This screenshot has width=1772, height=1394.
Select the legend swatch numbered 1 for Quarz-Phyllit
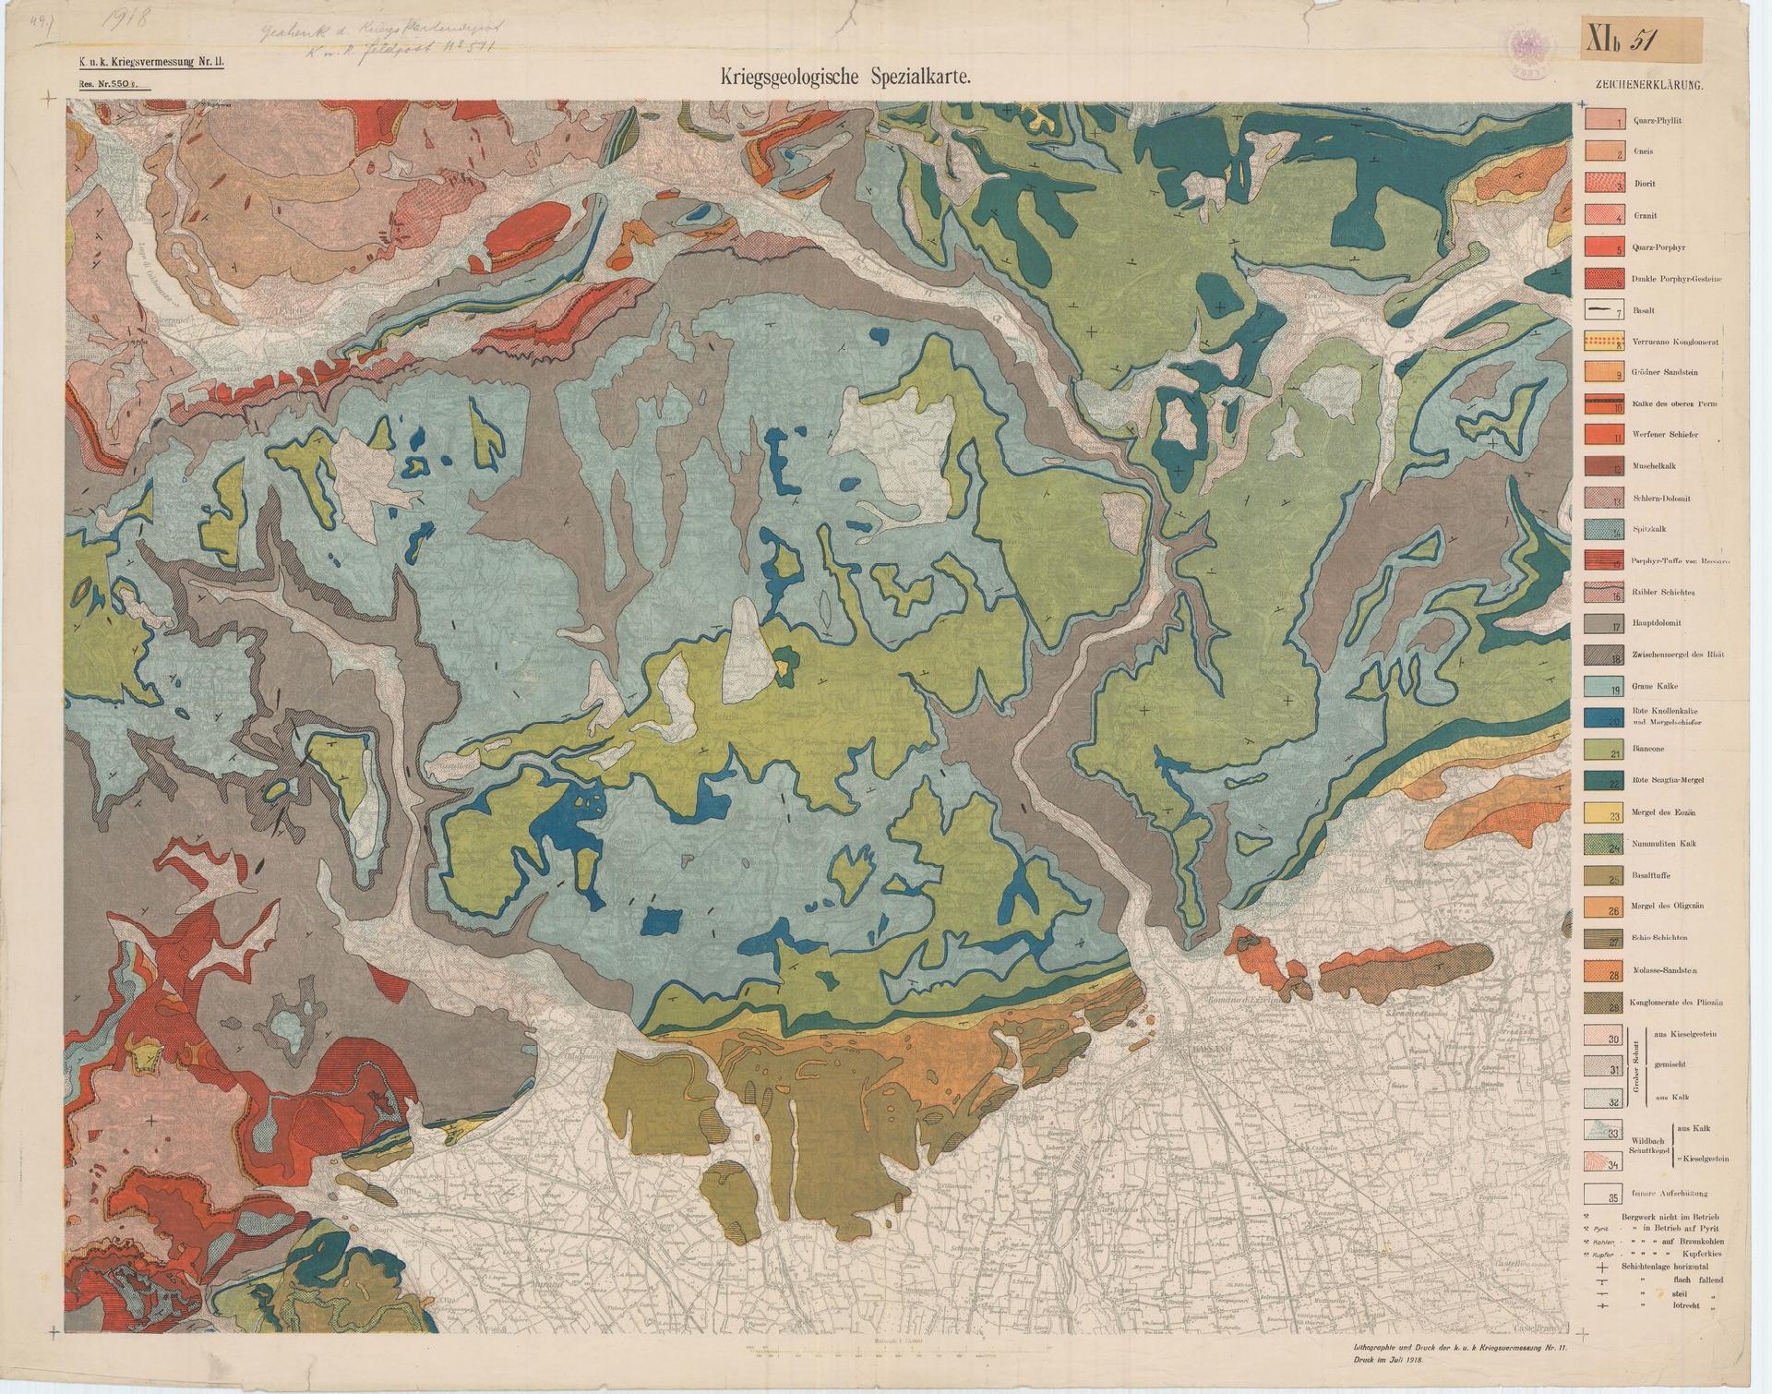(1604, 120)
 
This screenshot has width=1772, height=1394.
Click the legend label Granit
(1645, 215)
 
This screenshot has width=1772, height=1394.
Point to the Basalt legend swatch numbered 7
(1604, 310)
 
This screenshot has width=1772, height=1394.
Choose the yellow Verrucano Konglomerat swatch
(1604, 342)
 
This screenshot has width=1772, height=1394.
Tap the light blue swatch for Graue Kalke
(1604, 686)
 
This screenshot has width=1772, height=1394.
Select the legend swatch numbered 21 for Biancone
(1604, 750)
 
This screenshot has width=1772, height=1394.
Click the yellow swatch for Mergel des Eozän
(1604, 813)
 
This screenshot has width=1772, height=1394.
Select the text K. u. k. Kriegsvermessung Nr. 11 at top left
(145, 63)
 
